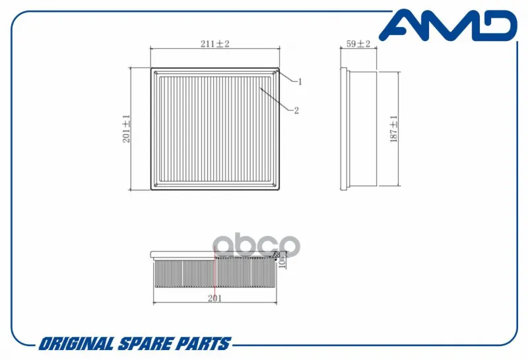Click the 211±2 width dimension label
coord(215,44)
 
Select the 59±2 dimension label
coord(358,44)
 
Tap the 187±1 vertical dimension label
coord(393,129)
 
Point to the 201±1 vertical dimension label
coord(126,129)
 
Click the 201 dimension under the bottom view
coord(215,299)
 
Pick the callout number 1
coord(300,81)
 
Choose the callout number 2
coord(296,110)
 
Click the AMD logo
coord(448,25)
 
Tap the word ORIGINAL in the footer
coord(76,344)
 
